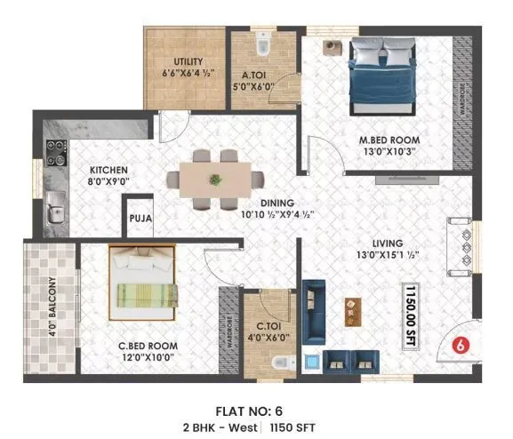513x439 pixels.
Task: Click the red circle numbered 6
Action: tap(461, 345)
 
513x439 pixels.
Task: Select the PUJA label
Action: tap(140, 217)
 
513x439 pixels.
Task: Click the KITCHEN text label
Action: tap(108, 171)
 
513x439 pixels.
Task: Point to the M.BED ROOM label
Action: tap(389, 140)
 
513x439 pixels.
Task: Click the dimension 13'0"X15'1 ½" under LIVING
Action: tap(388, 256)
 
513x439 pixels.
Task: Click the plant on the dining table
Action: tap(215, 180)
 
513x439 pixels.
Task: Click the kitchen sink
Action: tap(54, 212)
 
